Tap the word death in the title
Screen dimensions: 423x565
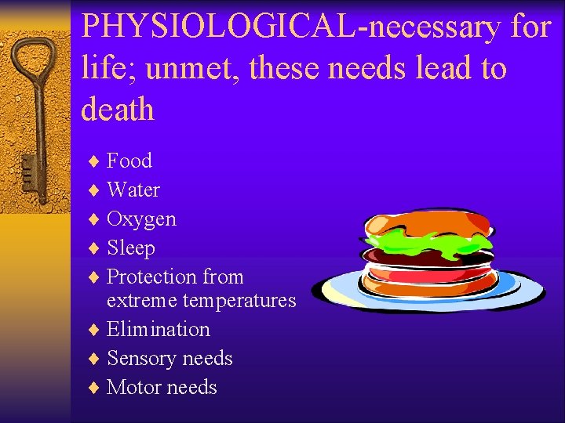(x=118, y=110)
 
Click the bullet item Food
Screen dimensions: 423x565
(x=129, y=161)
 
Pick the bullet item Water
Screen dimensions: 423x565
(x=133, y=190)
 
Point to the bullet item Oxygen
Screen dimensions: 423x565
(x=141, y=219)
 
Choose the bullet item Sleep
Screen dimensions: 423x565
(x=130, y=248)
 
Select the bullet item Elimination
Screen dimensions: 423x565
(x=158, y=329)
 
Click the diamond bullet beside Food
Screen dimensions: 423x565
(x=93, y=161)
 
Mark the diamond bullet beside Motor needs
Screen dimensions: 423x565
(x=93, y=388)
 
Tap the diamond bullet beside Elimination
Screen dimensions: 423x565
(x=93, y=330)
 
